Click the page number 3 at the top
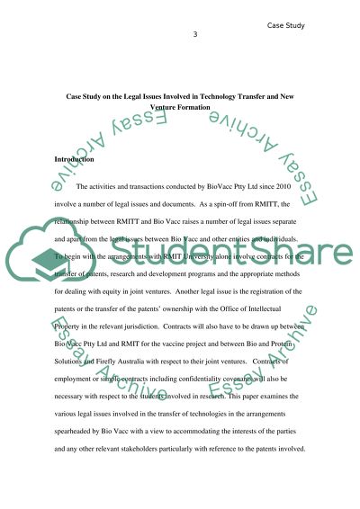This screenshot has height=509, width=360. click(x=194, y=35)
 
